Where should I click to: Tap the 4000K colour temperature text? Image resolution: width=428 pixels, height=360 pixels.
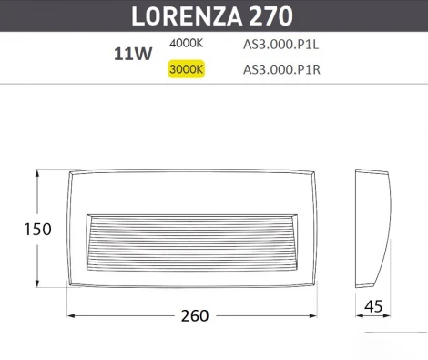(187, 44)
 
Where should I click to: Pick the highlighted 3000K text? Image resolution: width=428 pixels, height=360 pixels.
(187, 67)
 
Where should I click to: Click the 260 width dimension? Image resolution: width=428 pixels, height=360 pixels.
(195, 316)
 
